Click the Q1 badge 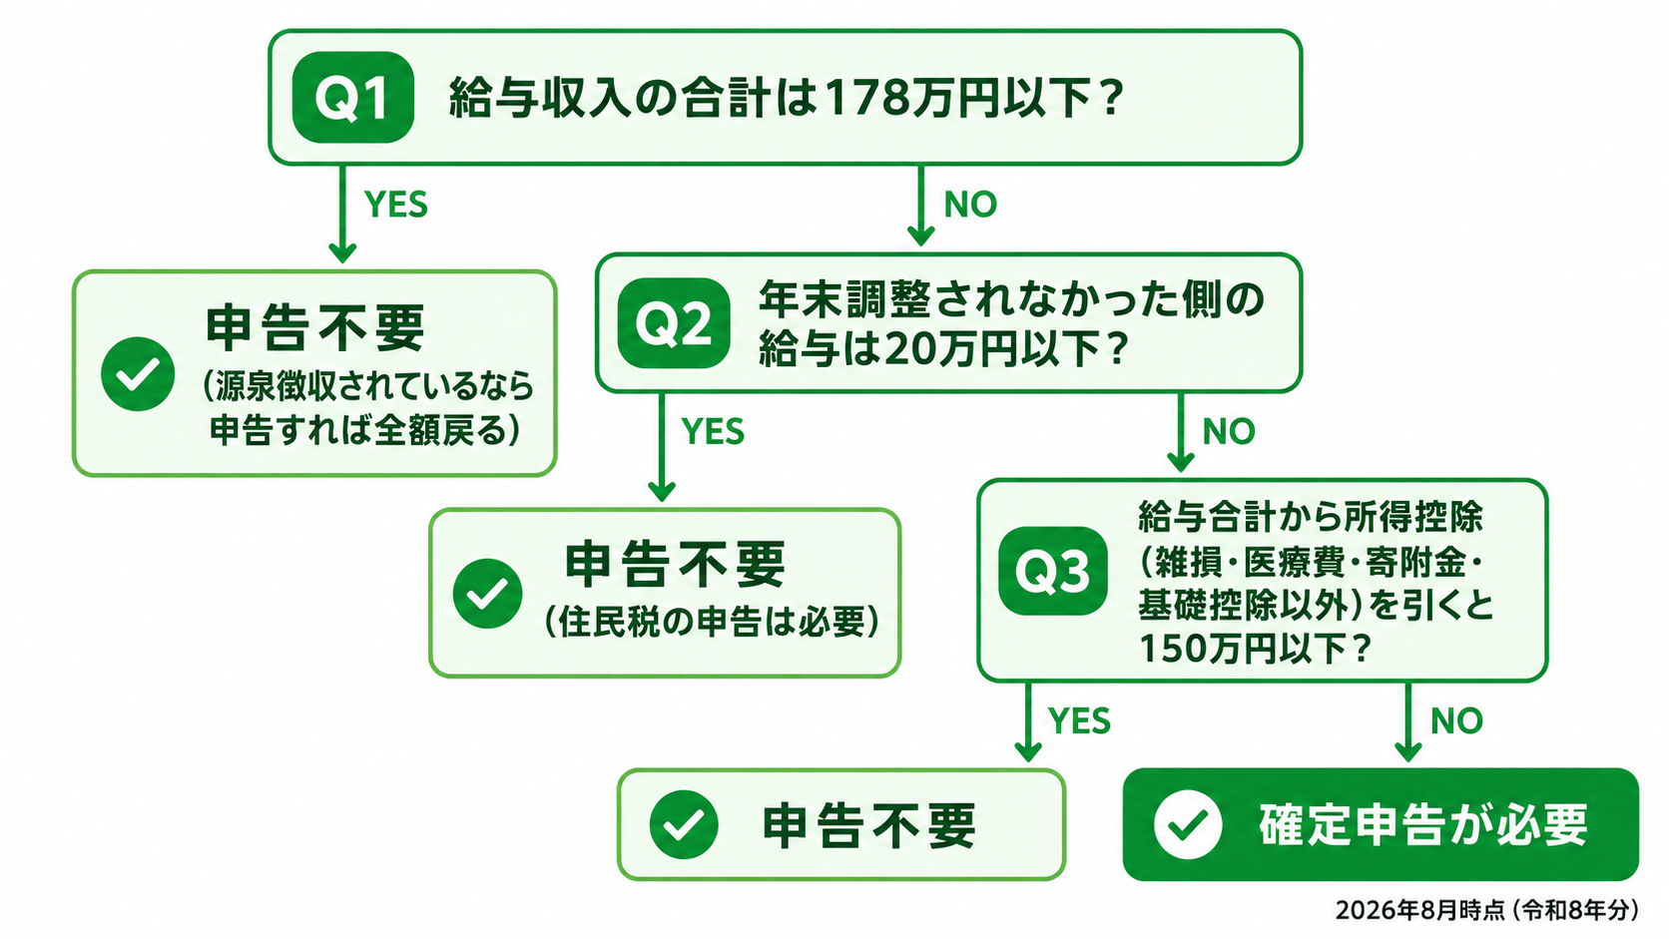point(352,98)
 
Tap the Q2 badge point(674,323)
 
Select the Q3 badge point(1053,571)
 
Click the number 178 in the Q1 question point(865,99)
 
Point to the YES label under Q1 point(396,205)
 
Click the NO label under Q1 point(970,204)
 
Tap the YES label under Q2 point(713,432)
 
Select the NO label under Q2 point(1229,431)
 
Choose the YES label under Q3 point(1080,720)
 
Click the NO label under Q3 point(1456,720)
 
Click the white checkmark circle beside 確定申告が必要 point(1188,824)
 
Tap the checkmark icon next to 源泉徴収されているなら point(138,374)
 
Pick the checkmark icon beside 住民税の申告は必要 point(487,594)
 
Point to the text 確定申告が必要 point(1423,825)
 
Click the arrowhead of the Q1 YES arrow point(342,253)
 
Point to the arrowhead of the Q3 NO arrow point(1407,751)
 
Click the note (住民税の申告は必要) point(713,623)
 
